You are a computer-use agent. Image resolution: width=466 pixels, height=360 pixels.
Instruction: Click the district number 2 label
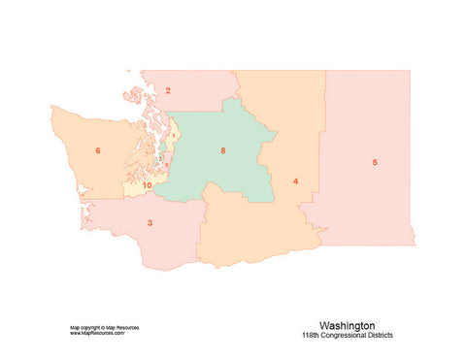(168, 91)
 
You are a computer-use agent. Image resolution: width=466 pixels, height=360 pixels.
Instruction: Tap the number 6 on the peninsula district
(98, 150)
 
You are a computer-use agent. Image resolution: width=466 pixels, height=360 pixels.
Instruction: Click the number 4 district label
(295, 180)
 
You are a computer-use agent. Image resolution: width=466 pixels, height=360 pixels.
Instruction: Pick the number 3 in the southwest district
(150, 223)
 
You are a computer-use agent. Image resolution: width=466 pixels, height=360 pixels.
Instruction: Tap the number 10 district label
(147, 184)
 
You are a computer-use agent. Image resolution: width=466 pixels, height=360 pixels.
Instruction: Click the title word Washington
(347, 326)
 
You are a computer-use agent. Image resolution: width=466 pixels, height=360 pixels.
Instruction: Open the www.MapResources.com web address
(97, 333)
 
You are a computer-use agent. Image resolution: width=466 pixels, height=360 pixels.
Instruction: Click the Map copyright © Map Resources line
(104, 327)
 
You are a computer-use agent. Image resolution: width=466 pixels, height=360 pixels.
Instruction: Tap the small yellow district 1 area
(173, 141)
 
